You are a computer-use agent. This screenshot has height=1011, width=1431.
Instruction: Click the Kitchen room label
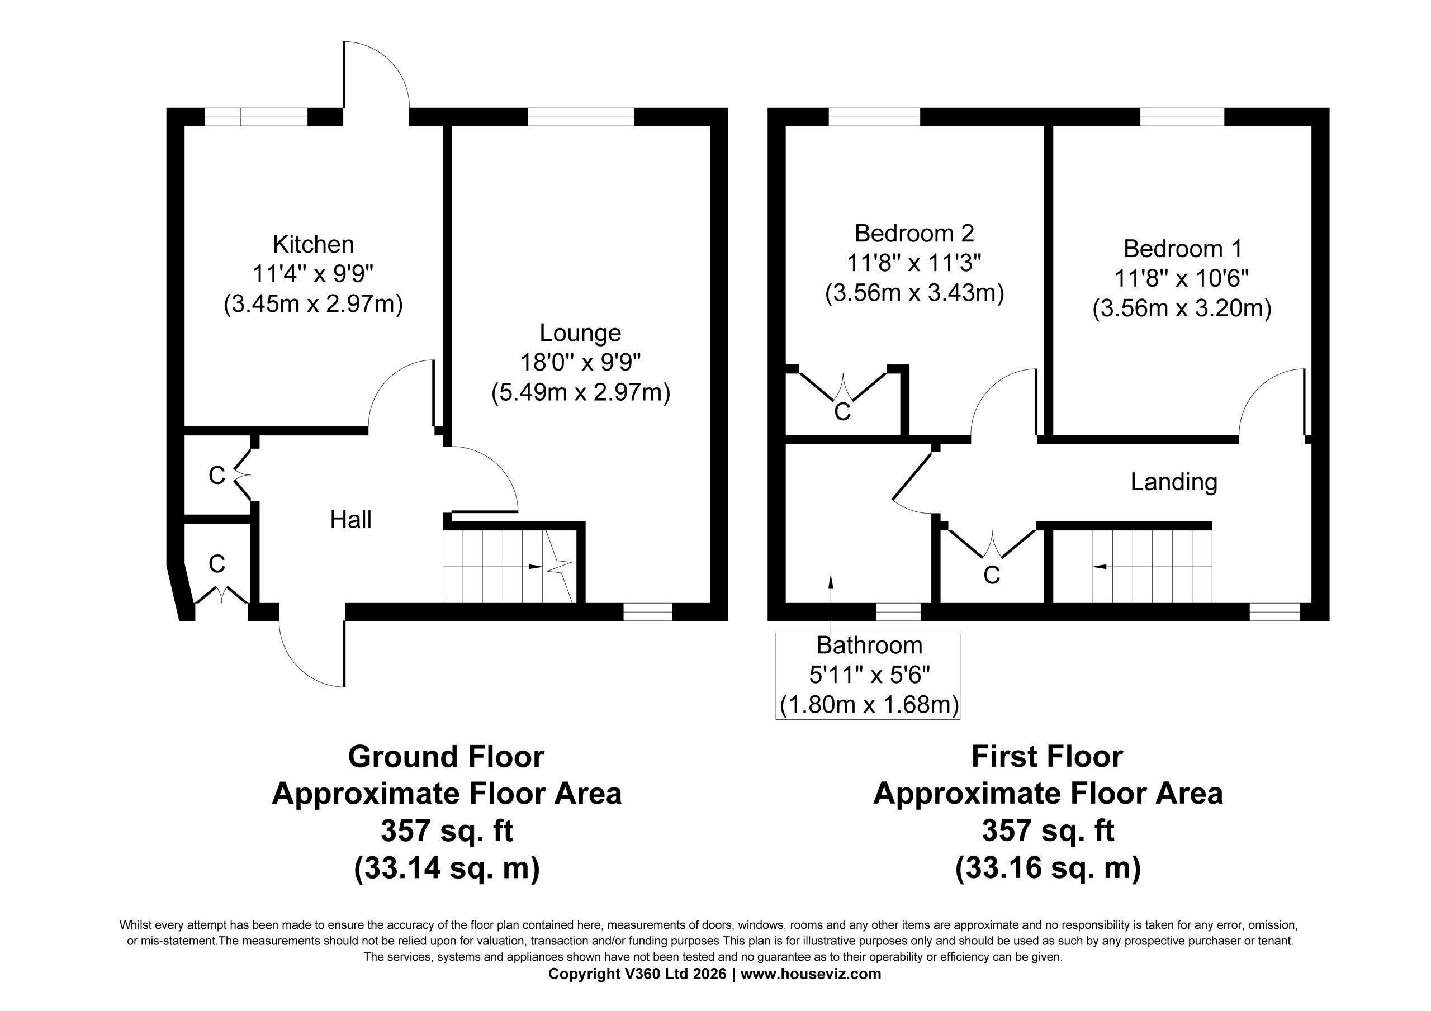tap(314, 244)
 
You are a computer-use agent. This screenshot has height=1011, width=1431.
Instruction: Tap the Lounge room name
tap(580, 334)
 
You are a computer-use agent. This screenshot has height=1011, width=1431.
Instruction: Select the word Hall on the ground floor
tap(351, 520)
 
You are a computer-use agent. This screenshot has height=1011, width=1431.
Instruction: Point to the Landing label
tap(1174, 482)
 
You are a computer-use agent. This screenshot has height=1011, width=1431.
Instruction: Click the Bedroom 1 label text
tap(1182, 249)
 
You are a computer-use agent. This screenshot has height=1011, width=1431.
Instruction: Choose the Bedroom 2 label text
tap(914, 233)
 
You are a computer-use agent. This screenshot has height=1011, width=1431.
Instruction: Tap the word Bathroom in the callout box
tap(869, 645)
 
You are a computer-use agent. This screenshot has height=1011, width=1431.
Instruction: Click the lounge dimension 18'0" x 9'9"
tap(580, 363)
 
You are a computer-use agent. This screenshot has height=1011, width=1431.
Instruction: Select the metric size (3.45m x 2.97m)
tap(314, 305)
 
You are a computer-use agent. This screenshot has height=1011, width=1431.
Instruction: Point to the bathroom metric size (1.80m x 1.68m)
tap(869, 705)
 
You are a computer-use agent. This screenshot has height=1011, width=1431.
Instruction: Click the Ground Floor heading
tap(446, 757)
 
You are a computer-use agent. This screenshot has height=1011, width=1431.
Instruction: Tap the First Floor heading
tap(1047, 757)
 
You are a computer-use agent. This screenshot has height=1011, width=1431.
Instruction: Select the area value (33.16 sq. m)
tap(1048, 867)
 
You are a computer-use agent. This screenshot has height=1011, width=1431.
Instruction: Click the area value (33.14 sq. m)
tap(446, 867)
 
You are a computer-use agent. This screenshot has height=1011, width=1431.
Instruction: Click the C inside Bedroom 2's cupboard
tap(842, 412)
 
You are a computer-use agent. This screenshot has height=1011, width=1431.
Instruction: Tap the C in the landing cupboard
tap(992, 575)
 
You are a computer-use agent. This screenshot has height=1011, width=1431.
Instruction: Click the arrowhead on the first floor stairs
tap(1100, 567)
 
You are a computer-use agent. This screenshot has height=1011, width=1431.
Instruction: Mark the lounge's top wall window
tap(581, 117)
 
